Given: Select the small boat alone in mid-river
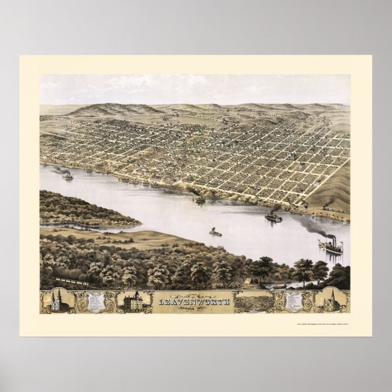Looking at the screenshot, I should click(x=214, y=231).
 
